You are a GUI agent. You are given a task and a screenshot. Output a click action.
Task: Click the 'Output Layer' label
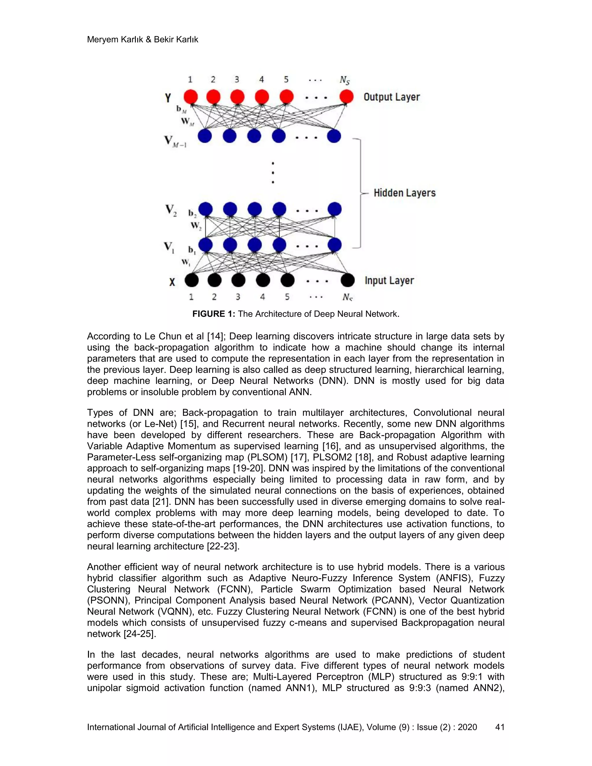[x=391, y=97]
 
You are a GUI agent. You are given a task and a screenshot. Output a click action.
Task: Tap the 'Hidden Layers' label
[x=404, y=193]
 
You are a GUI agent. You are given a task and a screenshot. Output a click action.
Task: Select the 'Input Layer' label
[x=389, y=281]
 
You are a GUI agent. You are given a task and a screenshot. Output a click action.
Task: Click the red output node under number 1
[x=191, y=97]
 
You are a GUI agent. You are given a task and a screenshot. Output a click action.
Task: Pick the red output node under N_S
[x=347, y=97]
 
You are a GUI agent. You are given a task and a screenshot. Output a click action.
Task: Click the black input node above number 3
[x=238, y=280]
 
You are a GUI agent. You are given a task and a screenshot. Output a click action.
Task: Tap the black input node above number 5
[x=288, y=280]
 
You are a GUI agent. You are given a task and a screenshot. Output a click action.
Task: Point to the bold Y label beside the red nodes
[x=168, y=98]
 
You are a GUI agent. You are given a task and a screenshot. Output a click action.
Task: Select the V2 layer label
[x=171, y=210]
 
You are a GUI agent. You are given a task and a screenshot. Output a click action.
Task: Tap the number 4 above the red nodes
[x=262, y=79]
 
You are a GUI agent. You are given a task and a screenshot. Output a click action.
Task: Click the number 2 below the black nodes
[x=214, y=297]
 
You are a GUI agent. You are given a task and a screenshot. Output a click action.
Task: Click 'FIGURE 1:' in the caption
[x=214, y=314]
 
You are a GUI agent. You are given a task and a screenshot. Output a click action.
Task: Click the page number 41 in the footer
[x=499, y=727]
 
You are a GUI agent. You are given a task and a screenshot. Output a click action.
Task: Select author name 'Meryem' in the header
[x=102, y=40]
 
